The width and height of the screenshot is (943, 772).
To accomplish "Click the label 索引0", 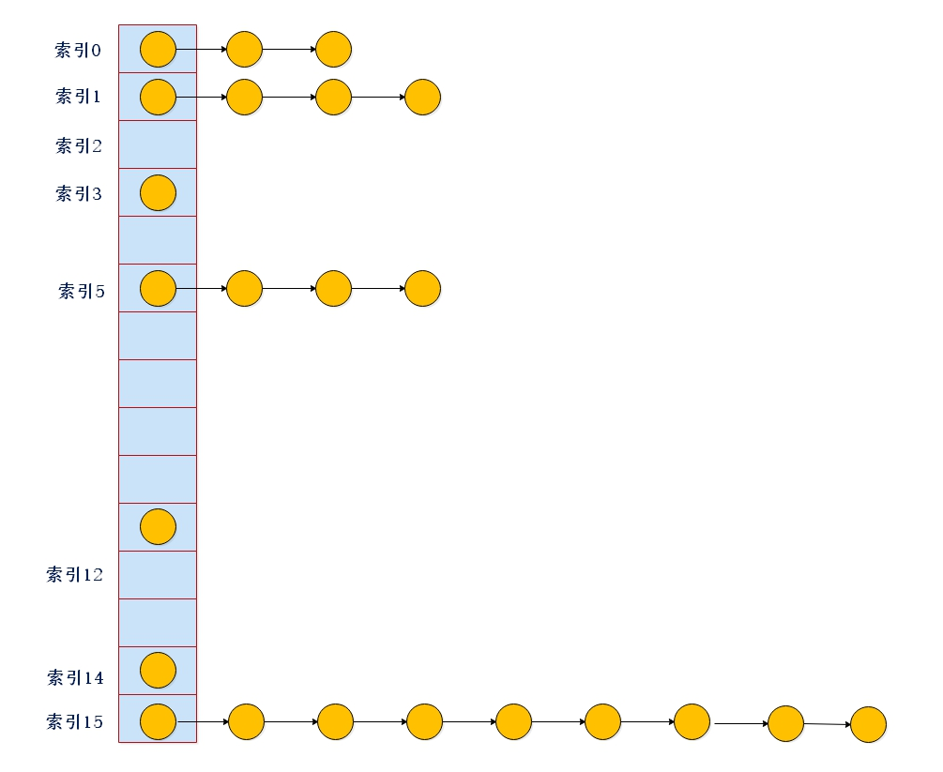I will [78, 50].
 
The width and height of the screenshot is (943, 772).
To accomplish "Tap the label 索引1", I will [78, 97].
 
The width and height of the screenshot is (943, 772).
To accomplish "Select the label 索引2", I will [78, 145].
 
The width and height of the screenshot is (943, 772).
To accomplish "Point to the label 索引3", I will [78, 194].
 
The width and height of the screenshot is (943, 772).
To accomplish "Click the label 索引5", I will [82, 291].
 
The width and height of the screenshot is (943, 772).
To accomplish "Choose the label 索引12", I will [75, 575].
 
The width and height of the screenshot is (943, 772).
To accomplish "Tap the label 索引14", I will [75, 677].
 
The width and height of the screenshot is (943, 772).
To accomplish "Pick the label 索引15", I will [75, 722].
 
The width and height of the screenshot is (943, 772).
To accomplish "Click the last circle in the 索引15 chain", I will [868, 724].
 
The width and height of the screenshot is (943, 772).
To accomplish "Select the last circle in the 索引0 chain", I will [333, 49].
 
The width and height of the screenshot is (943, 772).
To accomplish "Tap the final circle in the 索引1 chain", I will [422, 97].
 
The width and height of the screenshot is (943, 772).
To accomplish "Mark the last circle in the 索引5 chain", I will [422, 288].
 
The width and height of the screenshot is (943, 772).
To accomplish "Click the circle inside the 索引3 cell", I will [158, 192].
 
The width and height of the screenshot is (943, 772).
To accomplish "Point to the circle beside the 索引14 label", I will [158, 670].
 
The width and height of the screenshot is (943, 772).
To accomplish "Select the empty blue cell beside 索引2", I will [158, 144].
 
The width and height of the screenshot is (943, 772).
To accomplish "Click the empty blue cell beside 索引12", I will [158, 575].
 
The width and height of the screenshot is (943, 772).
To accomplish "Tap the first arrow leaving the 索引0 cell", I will [202, 49].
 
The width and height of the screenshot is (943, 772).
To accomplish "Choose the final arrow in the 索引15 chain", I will [827, 724].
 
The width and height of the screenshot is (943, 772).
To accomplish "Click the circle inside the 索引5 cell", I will [158, 288].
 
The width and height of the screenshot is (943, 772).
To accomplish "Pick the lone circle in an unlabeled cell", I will [158, 526].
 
